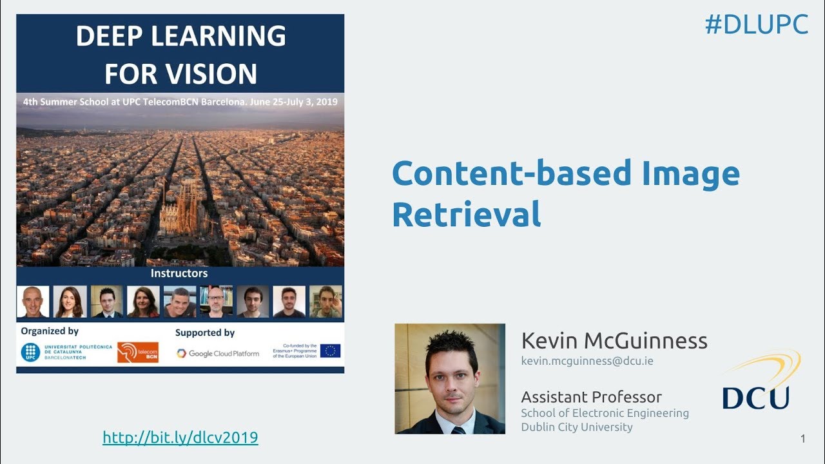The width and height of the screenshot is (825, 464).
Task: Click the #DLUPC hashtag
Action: click(x=756, y=24)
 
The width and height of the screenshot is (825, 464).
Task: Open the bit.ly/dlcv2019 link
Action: click(x=180, y=438)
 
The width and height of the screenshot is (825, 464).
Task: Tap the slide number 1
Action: click(x=802, y=439)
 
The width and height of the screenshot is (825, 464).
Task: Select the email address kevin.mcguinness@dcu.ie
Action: click(x=587, y=361)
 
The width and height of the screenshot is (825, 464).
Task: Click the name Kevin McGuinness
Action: click(x=614, y=340)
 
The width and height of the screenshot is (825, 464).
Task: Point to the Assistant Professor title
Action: click(x=591, y=396)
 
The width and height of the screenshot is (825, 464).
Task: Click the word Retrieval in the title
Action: click(x=466, y=215)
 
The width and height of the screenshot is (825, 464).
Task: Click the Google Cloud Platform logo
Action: click(x=218, y=353)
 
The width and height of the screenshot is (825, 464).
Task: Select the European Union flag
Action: click(x=330, y=351)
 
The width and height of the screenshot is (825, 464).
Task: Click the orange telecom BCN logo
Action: click(x=137, y=352)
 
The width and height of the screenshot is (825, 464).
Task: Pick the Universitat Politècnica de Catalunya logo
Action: click(x=66, y=352)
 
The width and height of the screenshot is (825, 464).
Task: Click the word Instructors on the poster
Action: click(x=179, y=273)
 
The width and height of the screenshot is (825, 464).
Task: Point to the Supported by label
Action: click(x=204, y=333)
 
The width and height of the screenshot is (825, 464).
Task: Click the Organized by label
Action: click(x=50, y=331)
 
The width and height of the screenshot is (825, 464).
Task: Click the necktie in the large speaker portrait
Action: click(x=458, y=429)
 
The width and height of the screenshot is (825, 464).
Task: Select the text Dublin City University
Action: click(x=577, y=427)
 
